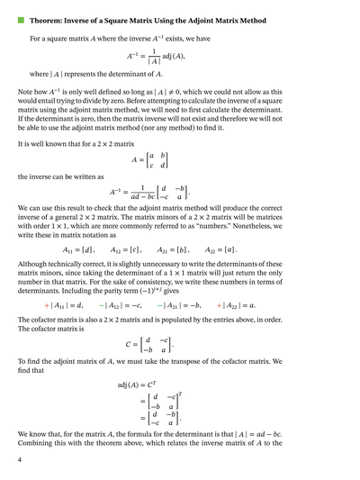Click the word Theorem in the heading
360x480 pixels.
pos(49,18)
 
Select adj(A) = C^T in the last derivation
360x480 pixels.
pos(137,384)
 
